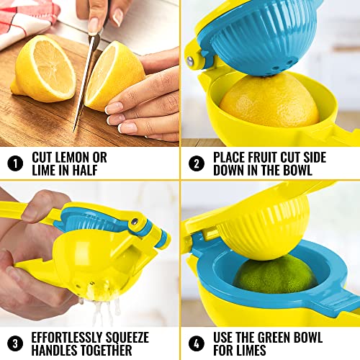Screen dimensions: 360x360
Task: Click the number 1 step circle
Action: tap(15, 163)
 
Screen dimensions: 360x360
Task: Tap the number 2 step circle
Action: tap(196, 163)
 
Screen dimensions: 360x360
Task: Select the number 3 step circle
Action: tap(15, 343)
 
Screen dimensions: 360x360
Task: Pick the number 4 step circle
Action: tap(196, 343)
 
